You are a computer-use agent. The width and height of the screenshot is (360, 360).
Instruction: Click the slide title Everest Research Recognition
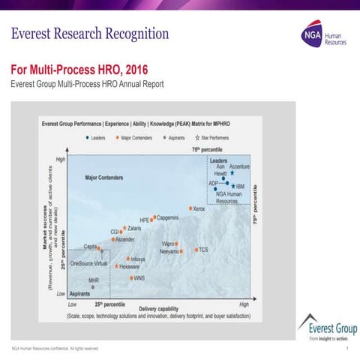point(90,34)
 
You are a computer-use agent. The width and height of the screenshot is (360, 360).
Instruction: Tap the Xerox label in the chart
point(199,208)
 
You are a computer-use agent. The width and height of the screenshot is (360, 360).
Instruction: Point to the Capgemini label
point(167,217)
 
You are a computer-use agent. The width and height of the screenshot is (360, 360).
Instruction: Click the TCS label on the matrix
point(203,249)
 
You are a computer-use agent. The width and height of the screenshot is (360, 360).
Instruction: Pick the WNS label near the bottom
point(139,277)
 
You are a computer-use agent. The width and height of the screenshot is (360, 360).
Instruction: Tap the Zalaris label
point(135,227)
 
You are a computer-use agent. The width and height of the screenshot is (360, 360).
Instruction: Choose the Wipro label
point(169,244)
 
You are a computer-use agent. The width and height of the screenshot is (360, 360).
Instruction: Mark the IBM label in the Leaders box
point(239,184)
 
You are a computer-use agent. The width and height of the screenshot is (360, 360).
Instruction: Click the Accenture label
point(240,166)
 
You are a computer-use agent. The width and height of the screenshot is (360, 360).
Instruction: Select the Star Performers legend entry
point(208,138)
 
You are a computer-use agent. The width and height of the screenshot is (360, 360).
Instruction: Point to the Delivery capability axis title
point(158,309)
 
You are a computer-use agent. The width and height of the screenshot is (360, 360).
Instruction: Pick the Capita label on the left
point(90,247)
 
